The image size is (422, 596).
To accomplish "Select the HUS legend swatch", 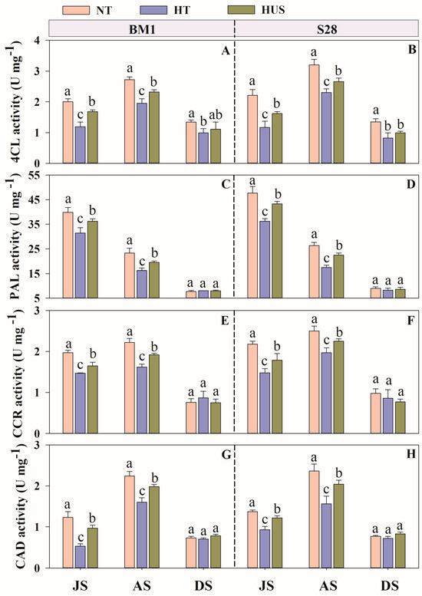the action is coord(241,9).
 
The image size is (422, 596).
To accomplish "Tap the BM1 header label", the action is coord(142,29).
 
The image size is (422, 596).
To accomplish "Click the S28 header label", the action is coord(327,29).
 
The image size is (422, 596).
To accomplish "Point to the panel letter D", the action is coord(410,185).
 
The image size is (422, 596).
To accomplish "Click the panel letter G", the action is coord(226,455).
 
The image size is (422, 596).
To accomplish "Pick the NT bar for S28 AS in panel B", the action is coord(314,114).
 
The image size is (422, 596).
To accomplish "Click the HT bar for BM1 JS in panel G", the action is coord(81,557).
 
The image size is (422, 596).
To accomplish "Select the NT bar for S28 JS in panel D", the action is coord(252,245).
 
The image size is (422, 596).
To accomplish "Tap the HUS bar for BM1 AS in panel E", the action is coord(154,393).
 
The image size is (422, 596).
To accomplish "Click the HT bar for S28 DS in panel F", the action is coord(387,416).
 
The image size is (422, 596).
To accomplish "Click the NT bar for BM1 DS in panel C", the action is coord(191,295).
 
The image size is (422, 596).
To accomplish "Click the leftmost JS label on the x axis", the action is coord(80,585).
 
